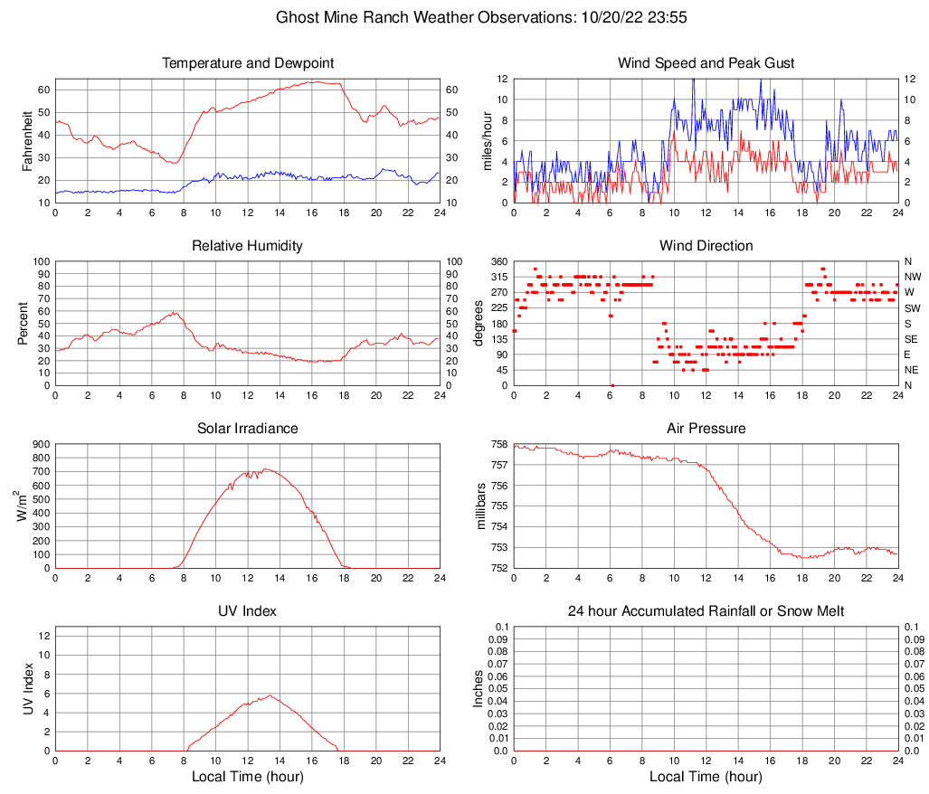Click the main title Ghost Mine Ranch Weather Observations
point(464,17)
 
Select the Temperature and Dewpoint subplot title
point(247,63)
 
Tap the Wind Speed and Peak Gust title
point(706,63)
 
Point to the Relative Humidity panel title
point(247,246)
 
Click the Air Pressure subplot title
point(706,429)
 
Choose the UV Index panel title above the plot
point(247,611)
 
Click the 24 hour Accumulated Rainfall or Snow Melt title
point(706,611)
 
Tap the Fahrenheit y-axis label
point(27,140)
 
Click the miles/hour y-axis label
point(487,140)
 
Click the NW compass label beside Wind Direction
point(913,277)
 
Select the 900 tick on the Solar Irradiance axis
point(40,445)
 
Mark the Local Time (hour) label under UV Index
point(247,777)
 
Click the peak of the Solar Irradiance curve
point(265,468)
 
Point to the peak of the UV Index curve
point(270,695)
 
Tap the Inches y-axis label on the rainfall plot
point(479,689)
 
